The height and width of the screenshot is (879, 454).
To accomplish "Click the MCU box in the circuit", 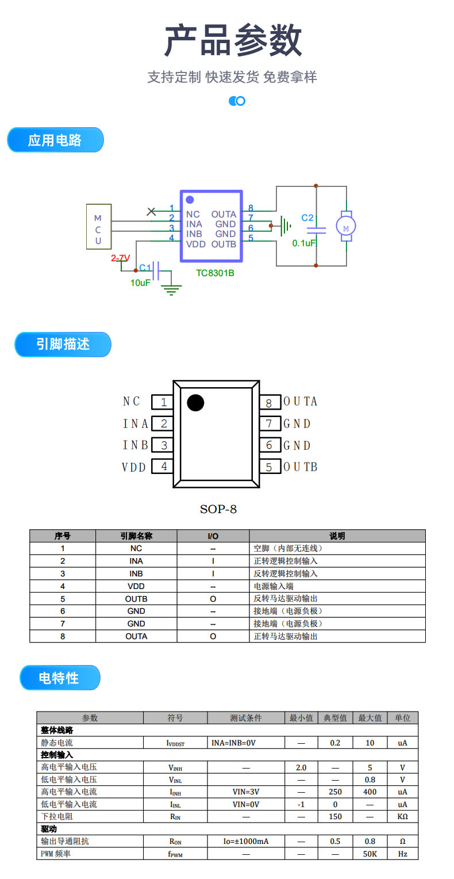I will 98,226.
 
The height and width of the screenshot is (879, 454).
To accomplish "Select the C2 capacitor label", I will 307,218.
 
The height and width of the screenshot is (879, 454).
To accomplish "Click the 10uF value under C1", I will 140,282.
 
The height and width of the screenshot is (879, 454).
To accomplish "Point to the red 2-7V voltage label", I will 121,258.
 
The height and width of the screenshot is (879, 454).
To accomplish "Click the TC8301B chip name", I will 215,273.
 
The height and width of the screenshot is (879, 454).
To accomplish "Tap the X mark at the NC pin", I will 151,211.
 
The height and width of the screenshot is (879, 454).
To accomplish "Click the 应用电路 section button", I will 55,140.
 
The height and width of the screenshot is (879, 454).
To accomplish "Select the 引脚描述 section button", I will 63,344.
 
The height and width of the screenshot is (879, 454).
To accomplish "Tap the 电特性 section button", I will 59,678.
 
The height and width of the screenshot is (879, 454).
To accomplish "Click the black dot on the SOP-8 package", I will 195,403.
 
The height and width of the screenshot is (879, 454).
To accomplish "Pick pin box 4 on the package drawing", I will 163,467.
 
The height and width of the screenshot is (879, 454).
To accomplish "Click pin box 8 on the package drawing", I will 269,402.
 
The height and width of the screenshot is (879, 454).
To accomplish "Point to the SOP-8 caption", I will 218,509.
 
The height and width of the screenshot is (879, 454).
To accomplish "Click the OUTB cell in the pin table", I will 136,599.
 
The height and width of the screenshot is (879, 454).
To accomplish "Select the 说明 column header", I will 337,536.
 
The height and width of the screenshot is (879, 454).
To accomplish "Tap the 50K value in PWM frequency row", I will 370,854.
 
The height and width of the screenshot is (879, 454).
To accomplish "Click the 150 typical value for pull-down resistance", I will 335,816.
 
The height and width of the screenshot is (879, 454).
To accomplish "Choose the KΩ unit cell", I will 402,816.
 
